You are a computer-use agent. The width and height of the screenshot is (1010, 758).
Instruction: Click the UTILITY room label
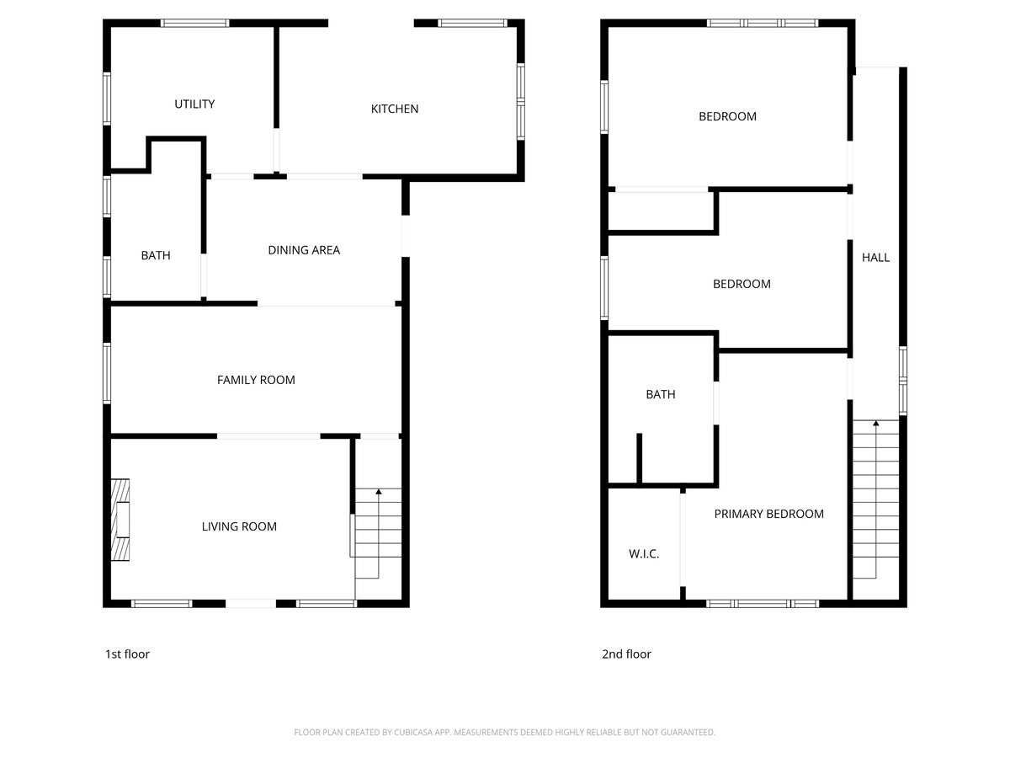click(194, 104)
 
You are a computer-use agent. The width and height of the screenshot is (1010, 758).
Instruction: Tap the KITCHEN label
click(395, 109)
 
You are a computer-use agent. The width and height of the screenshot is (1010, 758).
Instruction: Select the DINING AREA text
click(304, 250)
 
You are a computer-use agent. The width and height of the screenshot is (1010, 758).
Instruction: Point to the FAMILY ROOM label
click(256, 380)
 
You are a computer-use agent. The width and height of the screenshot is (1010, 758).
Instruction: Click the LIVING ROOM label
click(239, 526)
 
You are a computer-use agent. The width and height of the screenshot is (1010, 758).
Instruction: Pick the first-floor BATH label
click(156, 255)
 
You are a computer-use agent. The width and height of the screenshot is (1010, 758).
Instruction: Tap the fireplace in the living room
click(120, 520)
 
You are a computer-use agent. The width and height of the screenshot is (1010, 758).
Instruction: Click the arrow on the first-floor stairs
click(379, 491)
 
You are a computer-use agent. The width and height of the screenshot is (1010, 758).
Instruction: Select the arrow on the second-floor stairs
click(875, 424)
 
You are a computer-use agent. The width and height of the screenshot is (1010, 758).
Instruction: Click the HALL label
click(875, 258)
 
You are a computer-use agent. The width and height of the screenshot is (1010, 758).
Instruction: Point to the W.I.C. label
click(644, 554)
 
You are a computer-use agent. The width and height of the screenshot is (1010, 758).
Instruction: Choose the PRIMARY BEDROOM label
click(768, 514)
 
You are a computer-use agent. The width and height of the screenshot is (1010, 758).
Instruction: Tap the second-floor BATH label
click(661, 394)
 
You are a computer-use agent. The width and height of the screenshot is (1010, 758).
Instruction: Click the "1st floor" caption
click(127, 654)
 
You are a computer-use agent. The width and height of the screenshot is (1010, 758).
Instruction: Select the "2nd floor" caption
click(626, 654)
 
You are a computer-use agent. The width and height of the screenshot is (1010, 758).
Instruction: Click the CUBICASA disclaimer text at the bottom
click(505, 733)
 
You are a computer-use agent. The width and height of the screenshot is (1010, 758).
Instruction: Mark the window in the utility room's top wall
click(195, 23)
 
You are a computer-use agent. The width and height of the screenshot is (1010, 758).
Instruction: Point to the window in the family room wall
click(107, 371)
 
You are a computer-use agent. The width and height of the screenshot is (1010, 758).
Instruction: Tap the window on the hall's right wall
click(903, 380)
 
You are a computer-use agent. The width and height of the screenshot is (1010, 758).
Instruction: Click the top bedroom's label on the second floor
click(727, 116)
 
